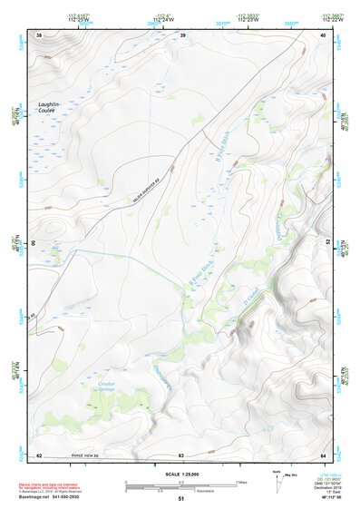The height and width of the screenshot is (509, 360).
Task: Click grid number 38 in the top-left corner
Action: [38, 35]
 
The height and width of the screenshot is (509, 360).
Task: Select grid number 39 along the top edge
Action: [182, 35]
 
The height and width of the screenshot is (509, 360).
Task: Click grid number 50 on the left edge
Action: [34, 243]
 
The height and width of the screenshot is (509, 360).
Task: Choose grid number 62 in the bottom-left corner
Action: [39, 455]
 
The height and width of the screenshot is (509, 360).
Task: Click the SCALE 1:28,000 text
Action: [180, 475]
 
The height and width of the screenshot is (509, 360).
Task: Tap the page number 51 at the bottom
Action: [180, 499]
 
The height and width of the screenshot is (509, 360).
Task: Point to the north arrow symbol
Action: [277, 480]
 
